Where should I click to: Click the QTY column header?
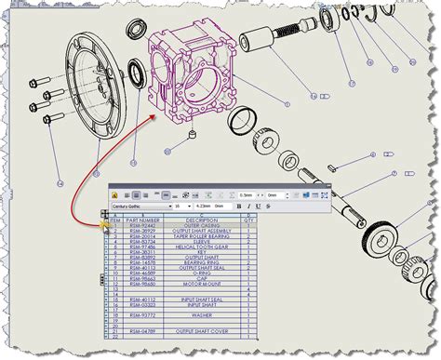coord(247,220)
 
